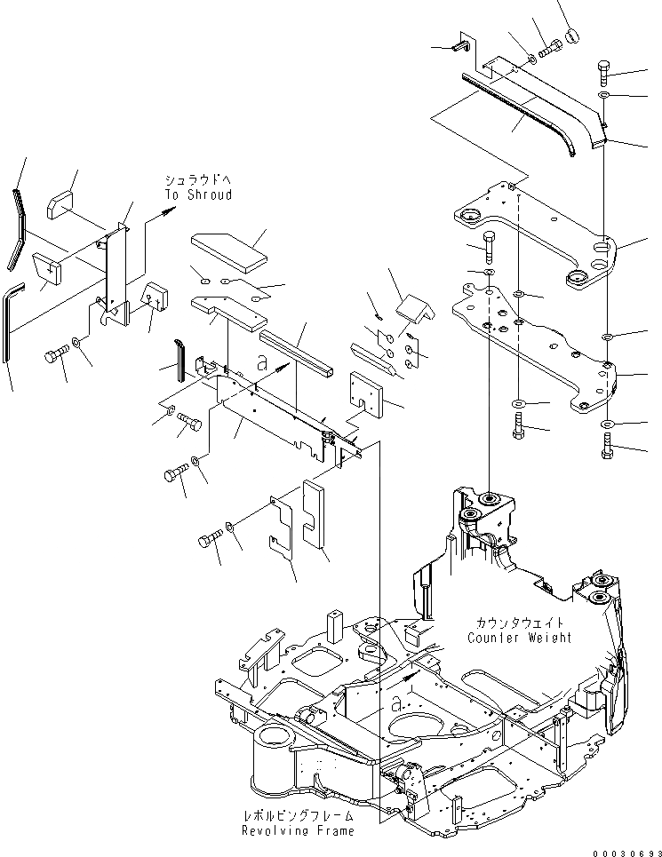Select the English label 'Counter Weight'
[x=520, y=638]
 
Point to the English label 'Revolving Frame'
[x=298, y=830]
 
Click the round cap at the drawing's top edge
[x=572, y=35]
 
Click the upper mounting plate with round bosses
[x=533, y=235]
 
